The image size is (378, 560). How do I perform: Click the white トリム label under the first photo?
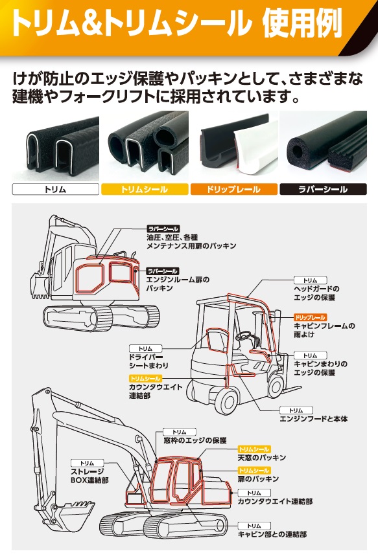(55, 189)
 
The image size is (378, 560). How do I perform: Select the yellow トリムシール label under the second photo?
(145, 189)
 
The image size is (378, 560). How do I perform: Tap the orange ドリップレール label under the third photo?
(234, 189)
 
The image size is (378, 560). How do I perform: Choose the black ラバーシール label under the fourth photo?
(323, 189)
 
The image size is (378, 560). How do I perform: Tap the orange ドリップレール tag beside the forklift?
(310, 317)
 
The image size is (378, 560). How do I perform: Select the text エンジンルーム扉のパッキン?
(178, 284)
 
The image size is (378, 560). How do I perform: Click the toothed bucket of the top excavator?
(39, 286)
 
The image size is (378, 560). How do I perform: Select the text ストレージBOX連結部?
(89, 476)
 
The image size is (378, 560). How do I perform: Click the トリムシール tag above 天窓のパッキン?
(254, 449)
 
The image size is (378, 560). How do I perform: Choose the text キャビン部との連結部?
(272, 534)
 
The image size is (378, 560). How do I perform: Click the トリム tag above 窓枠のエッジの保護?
(180, 432)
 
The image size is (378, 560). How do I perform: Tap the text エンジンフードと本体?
(314, 419)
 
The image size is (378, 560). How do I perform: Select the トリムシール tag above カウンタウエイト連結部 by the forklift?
(145, 378)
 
